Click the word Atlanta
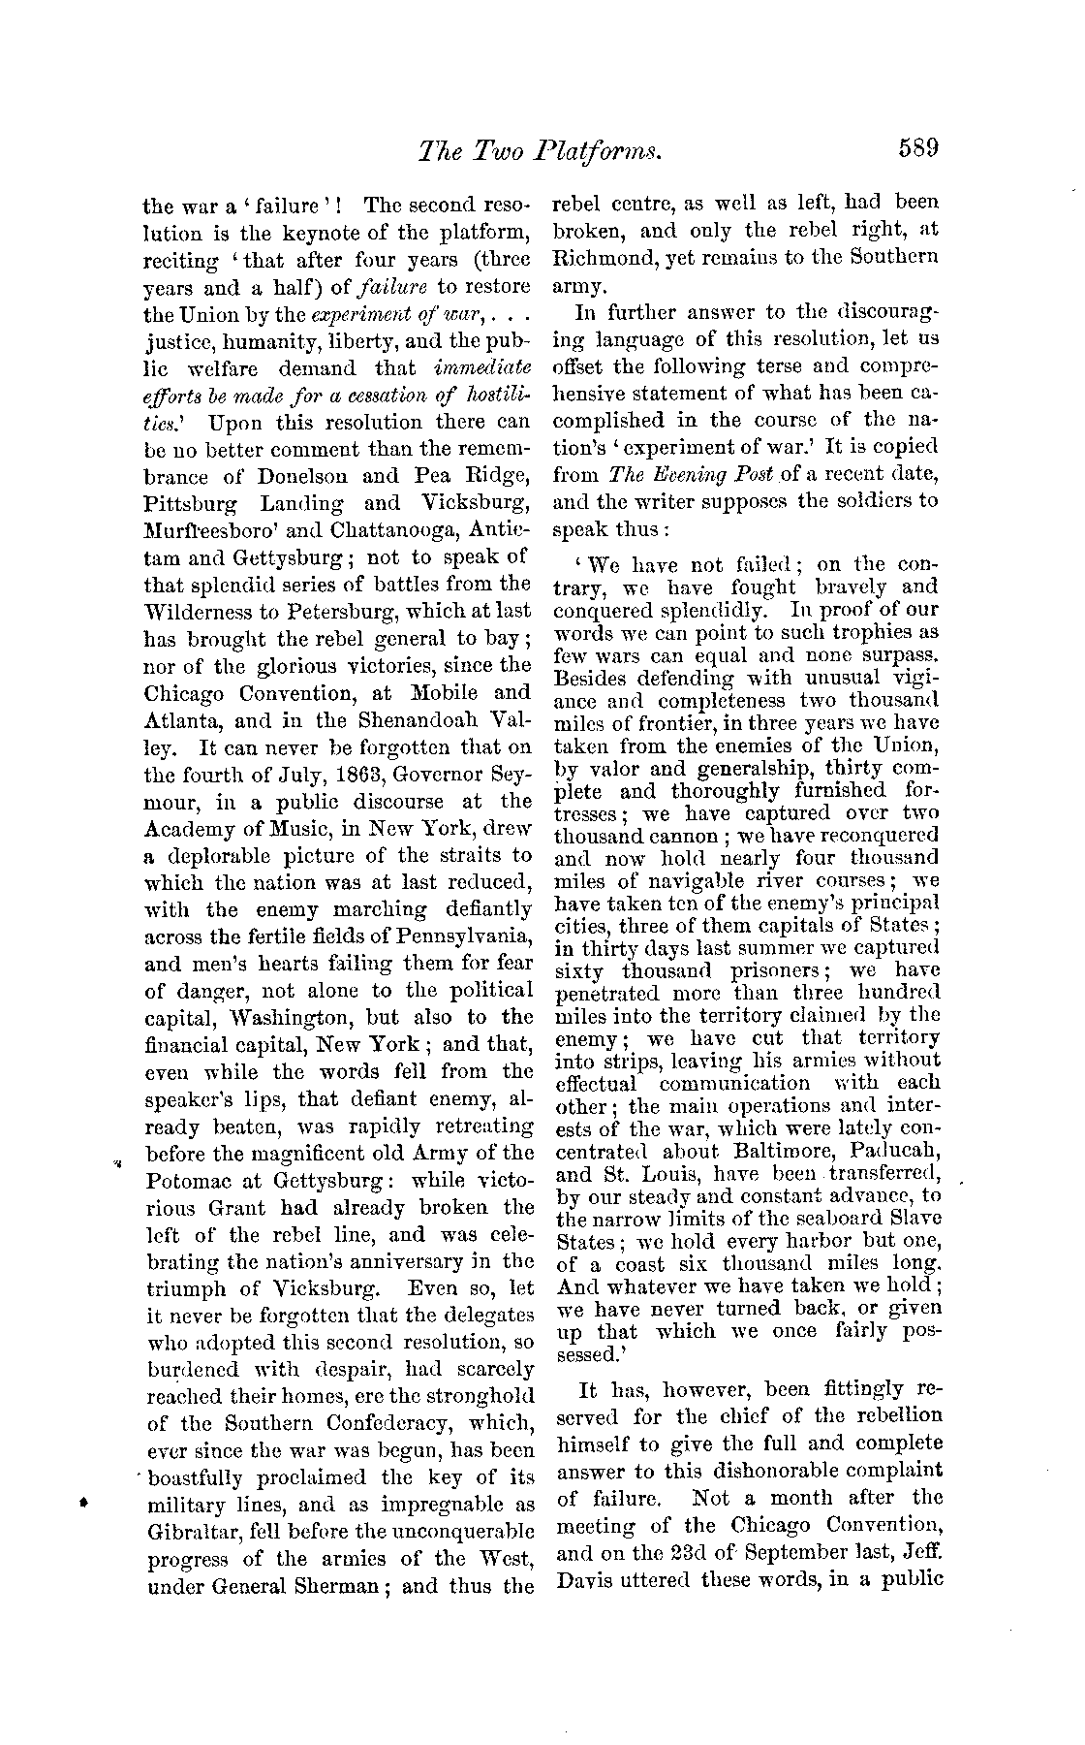pos(184,721)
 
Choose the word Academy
pos(190,829)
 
